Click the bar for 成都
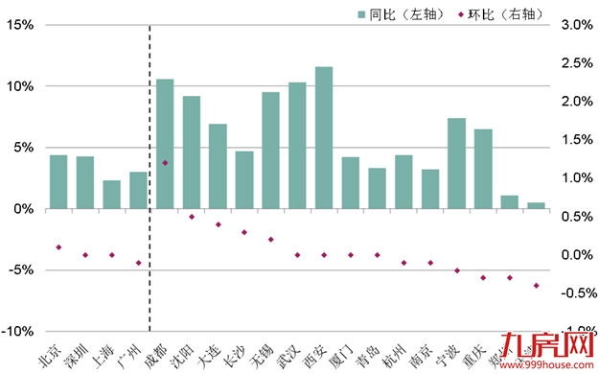tap(165, 144)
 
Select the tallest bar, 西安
tap(324, 138)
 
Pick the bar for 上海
tap(112, 195)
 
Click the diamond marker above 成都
tap(165, 163)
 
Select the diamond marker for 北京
tap(58, 247)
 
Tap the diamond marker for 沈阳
tap(192, 217)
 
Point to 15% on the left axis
tap(19, 25)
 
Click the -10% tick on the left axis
tap(17, 331)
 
